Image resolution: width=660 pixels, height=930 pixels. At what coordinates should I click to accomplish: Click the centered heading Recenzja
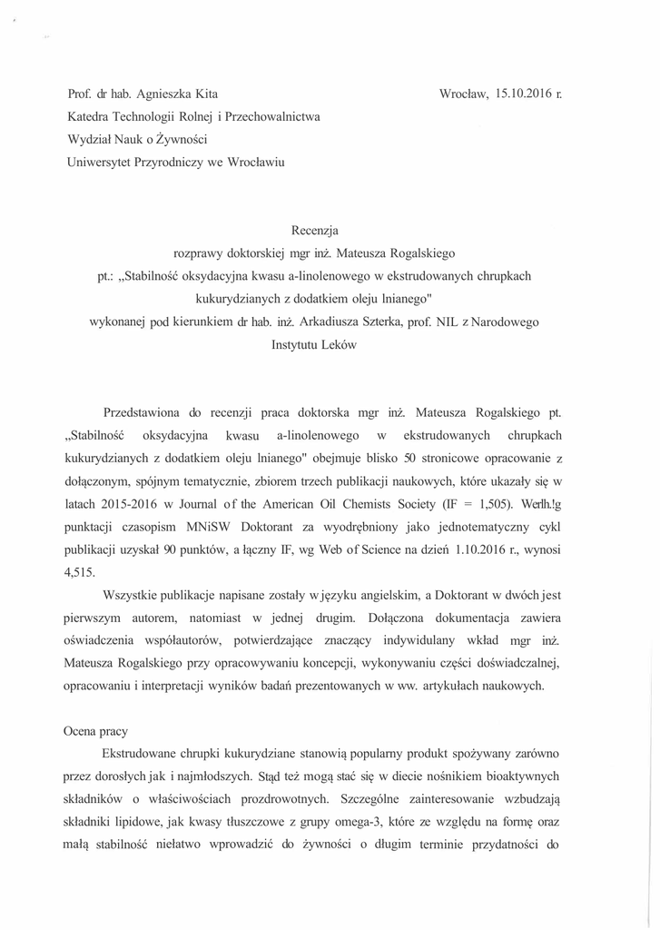(x=314, y=230)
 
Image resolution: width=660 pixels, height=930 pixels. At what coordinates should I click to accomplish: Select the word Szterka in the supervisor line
(x=403, y=322)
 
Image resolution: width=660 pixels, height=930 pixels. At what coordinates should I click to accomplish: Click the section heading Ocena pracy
(x=96, y=731)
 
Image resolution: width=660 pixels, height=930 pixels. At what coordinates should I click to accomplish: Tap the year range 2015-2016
(x=136, y=504)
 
